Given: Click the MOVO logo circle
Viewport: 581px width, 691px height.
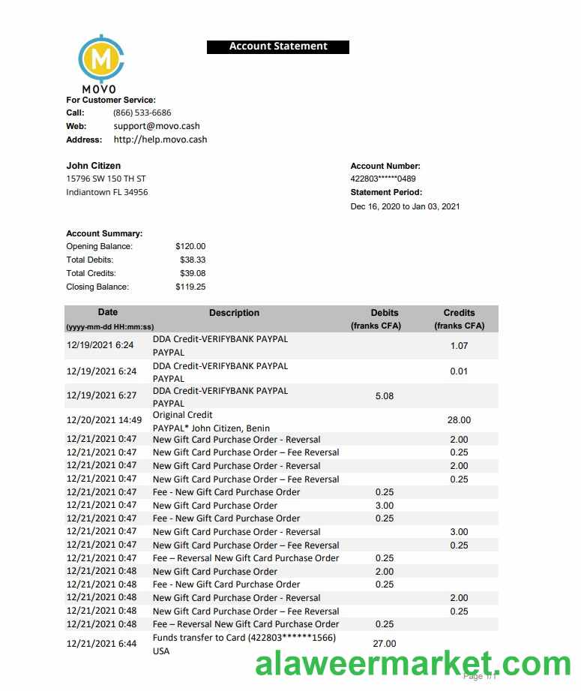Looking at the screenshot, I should pos(101,58).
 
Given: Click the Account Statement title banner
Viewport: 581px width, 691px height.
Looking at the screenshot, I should pos(278,47).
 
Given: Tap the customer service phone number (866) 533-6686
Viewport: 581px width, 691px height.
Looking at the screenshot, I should pos(142,113).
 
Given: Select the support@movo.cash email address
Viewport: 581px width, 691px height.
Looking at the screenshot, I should pos(157,126).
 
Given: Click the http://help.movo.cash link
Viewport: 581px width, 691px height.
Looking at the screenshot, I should pos(160,140).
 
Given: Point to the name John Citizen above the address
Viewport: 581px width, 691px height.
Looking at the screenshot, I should pos(94,166).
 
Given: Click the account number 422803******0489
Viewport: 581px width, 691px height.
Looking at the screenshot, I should pos(383,179).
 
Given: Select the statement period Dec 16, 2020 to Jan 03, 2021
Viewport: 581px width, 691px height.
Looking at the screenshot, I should pos(405,206).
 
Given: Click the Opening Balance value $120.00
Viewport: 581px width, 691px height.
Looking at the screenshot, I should pos(190,246).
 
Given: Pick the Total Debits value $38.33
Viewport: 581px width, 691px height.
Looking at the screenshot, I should pos(193,260).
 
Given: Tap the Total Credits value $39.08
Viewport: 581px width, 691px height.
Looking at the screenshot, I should pos(193,273).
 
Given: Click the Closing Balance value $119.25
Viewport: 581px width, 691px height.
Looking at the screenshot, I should pos(190,287).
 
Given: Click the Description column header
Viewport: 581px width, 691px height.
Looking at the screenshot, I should pos(234,313).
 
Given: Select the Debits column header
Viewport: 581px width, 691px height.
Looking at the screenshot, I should pos(385,313).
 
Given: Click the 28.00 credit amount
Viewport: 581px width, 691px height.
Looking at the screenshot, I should pos(459,420).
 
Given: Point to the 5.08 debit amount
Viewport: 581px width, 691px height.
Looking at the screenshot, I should pos(384,395).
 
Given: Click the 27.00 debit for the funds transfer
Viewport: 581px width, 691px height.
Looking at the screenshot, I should pos(384,643).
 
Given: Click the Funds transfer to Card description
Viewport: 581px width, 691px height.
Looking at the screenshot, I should pos(244,638).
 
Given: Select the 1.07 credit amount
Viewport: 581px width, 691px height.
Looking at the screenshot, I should pos(459,346).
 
